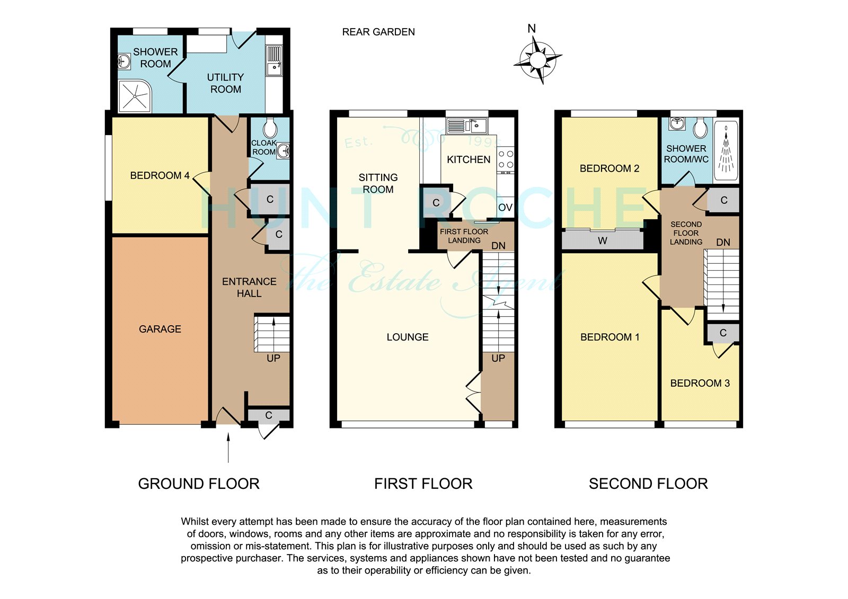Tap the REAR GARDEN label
378,32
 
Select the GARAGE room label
160,329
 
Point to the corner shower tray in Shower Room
135,96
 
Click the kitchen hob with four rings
506,160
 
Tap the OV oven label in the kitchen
505,208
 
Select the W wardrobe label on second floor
602,240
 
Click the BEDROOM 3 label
700,383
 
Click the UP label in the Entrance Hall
273,358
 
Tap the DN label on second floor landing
723,243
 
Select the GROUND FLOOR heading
199,484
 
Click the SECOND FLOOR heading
648,484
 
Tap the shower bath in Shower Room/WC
726,150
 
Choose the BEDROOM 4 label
160,176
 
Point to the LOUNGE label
408,337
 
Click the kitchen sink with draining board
467,126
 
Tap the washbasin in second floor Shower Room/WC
677,123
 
